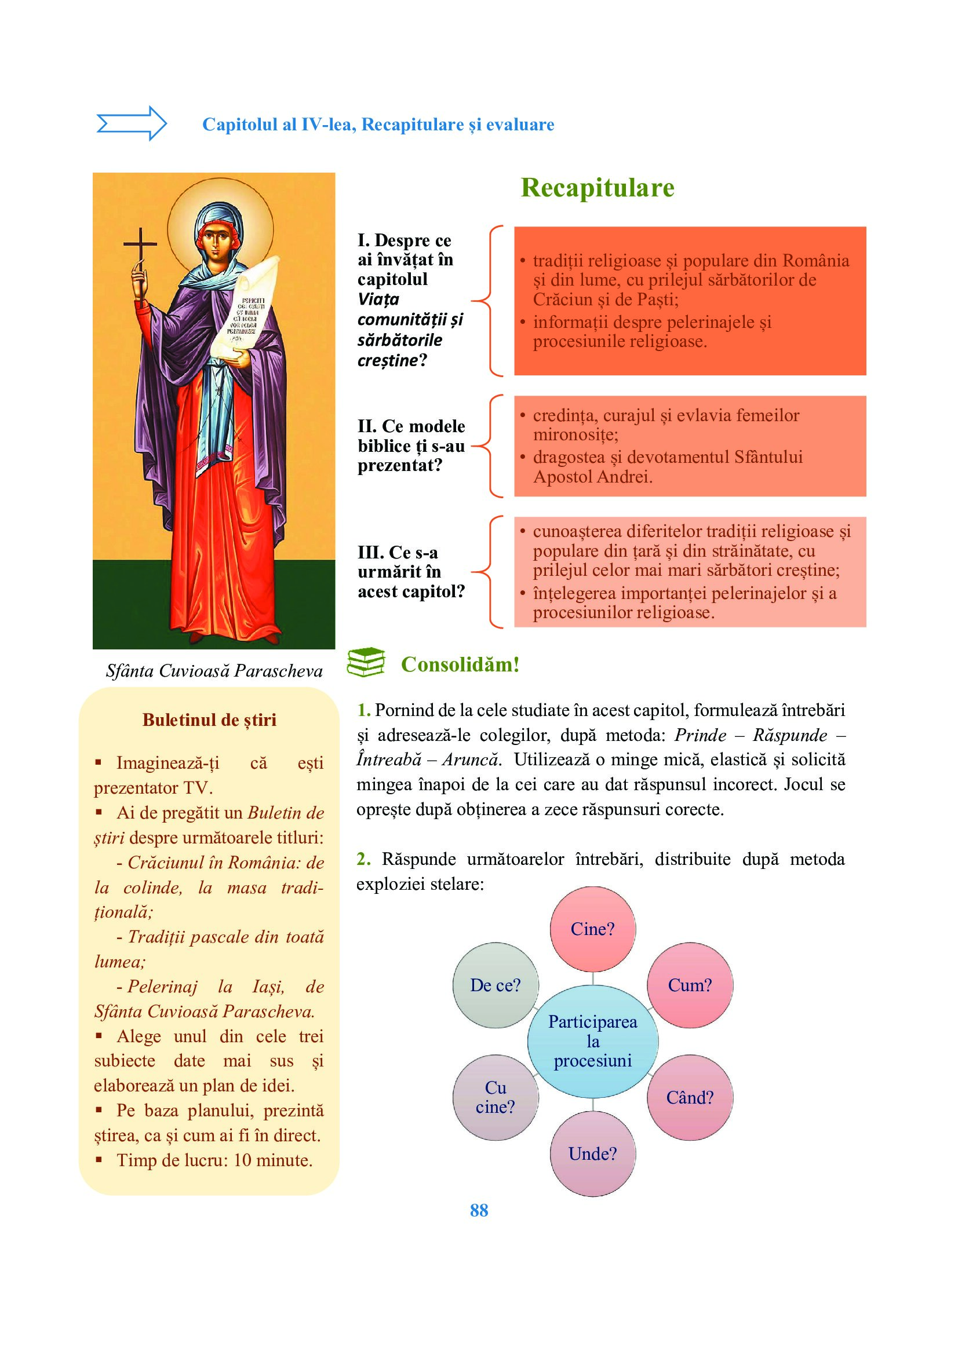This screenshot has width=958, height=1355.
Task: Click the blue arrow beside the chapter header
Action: click(132, 123)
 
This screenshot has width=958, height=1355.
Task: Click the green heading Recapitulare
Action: click(597, 188)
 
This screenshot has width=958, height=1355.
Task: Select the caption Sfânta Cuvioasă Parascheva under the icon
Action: click(214, 671)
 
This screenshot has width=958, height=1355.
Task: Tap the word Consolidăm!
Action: click(460, 664)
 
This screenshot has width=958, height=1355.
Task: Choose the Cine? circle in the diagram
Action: click(593, 929)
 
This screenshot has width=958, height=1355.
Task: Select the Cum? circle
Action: click(690, 985)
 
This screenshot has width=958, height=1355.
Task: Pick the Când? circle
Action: click(690, 1097)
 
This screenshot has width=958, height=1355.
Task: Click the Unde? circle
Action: click(593, 1153)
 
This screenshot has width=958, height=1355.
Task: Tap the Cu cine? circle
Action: click(496, 1097)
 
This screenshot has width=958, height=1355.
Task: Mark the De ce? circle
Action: click(496, 985)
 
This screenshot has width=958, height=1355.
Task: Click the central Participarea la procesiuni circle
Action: click(593, 1041)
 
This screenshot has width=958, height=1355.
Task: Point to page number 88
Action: click(479, 1210)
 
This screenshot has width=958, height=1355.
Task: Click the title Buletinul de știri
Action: click(209, 719)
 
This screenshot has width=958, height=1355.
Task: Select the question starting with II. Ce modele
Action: click(411, 445)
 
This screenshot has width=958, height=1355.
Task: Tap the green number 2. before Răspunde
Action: click(363, 859)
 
